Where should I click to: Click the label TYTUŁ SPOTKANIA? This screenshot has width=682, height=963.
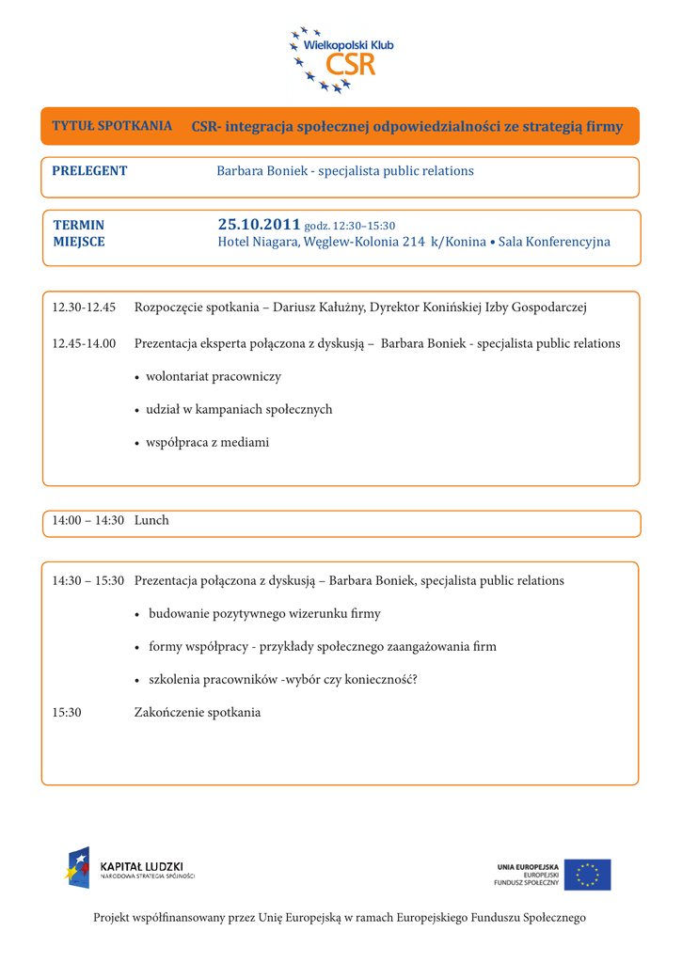(112, 125)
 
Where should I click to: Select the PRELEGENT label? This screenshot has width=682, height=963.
(89, 171)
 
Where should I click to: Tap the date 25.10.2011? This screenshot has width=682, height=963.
(259, 225)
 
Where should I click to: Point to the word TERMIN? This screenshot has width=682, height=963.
(78, 226)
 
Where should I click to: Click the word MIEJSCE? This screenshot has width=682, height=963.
(79, 242)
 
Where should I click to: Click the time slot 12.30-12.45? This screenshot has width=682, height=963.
(84, 308)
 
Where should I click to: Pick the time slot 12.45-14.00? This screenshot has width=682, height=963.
(84, 343)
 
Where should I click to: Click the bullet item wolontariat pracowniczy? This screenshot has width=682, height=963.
(213, 376)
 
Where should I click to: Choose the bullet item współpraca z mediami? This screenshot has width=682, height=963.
(207, 442)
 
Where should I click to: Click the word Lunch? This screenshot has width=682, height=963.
(151, 520)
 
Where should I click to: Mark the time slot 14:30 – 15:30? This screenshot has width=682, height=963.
(87, 581)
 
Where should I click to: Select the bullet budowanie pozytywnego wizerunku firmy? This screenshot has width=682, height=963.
(264, 614)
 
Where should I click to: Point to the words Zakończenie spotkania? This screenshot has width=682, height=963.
(198, 713)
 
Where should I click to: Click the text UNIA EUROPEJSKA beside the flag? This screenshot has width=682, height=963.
(528, 866)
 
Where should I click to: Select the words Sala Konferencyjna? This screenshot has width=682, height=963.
(554, 242)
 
